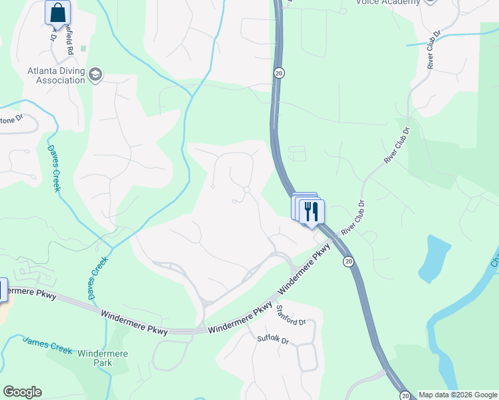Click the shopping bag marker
click(58, 13)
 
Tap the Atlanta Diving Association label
click(57, 75)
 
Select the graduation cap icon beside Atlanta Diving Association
click(95, 74)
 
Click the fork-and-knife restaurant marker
click(311, 211)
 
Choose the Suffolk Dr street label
click(274, 339)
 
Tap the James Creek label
click(47, 345)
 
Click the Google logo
click(22, 392)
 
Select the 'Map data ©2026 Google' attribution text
click(458, 395)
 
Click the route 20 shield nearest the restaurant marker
click(348, 261)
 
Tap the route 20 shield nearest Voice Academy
click(279, 73)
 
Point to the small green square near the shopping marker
click(83, 48)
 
